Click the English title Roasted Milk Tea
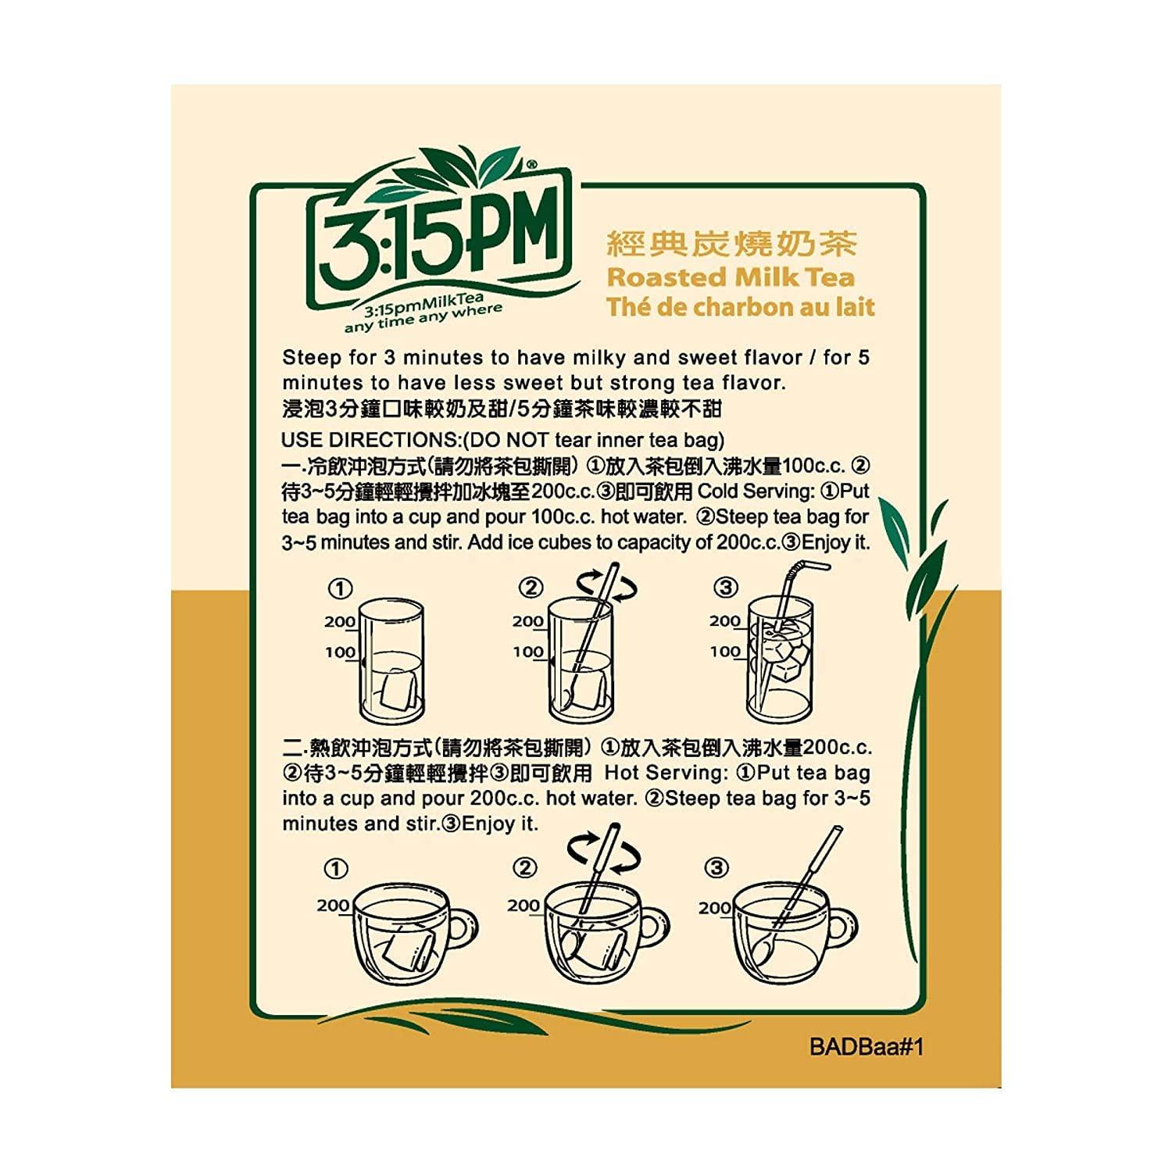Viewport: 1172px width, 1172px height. point(731,277)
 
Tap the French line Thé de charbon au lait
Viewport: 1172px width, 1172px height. point(741,307)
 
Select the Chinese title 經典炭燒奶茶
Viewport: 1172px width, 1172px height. point(732,244)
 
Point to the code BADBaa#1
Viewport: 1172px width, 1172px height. point(866,1047)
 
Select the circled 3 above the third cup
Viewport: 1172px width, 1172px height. point(716,868)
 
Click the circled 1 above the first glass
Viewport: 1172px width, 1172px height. point(340,588)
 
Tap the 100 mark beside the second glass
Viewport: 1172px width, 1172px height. point(528,652)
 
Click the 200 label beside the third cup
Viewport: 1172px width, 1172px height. point(714,908)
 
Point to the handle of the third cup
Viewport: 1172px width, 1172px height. point(845,929)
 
